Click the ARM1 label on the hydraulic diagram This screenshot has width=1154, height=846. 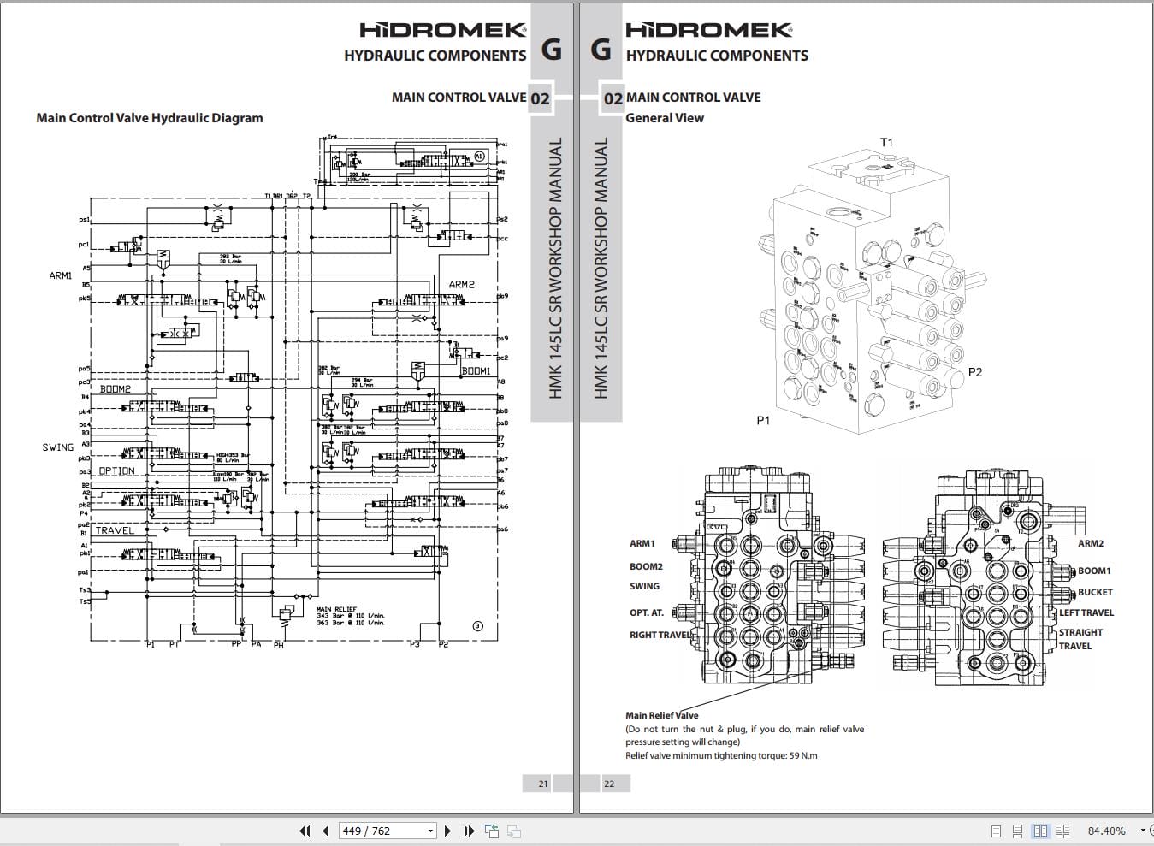(61, 275)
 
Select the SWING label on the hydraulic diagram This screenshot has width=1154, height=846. (58, 447)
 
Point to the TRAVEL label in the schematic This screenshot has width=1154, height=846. (115, 530)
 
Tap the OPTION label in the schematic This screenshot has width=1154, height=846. (116, 471)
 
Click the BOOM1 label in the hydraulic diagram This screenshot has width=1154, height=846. (476, 371)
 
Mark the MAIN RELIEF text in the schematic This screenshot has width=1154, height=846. (336, 609)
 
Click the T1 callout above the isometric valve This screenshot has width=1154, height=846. (886, 142)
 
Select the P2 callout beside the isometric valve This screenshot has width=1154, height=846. (974, 372)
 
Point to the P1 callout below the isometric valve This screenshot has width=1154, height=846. (763, 420)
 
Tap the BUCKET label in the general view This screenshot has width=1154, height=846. (1095, 592)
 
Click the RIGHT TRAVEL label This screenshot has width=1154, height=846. (660, 635)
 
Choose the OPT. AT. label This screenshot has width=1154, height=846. (647, 612)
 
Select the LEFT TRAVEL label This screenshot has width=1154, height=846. (1086, 612)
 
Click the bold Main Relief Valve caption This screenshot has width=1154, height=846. (661, 715)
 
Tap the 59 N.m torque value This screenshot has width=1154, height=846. (802, 755)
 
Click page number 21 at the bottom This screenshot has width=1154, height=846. (543, 783)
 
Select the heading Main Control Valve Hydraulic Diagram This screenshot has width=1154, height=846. (150, 118)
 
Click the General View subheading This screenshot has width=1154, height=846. (665, 118)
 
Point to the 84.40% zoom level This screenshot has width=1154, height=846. (1106, 831)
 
